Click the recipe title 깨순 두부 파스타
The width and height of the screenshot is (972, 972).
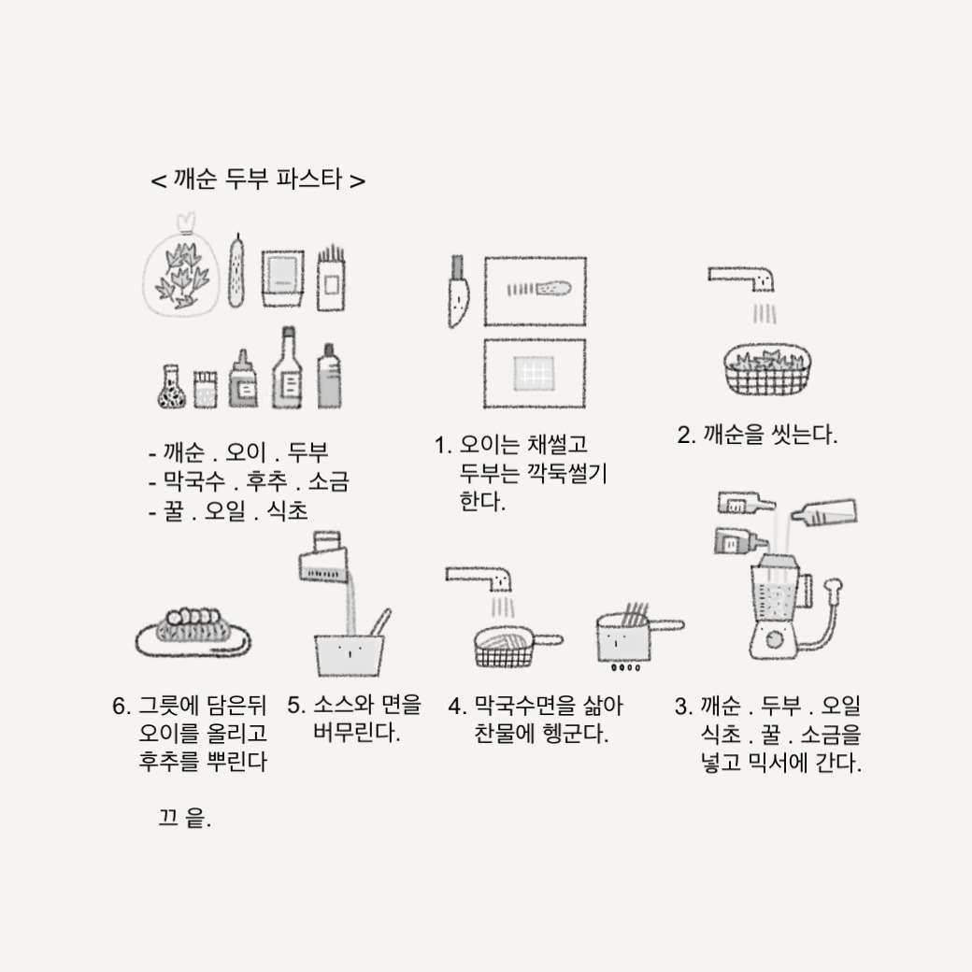(x=257, y=179)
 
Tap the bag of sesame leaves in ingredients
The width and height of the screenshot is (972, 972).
(x=181, y=266)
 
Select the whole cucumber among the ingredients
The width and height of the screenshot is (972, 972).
(x=236, y=272)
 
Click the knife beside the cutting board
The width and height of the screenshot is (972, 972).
(x=458, y=292)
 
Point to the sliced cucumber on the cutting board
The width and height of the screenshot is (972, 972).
(x=538, y=289)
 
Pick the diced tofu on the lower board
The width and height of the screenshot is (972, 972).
(x=534, y=373)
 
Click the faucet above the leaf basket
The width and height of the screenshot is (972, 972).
(x=741, y=279)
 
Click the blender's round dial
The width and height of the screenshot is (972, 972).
(x=773, y=638)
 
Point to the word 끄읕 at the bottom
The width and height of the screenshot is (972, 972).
(x=185, y=818)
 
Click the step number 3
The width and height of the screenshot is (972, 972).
(x=682, y=706)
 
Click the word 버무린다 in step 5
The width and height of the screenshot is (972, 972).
(x=356, y=733)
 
